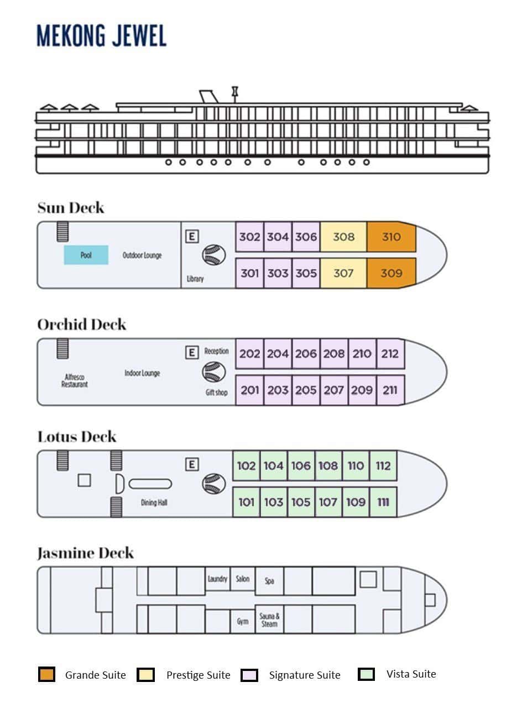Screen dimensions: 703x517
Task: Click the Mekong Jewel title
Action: (x=101, y=36)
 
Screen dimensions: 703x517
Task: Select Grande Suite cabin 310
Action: (x=391, y=237)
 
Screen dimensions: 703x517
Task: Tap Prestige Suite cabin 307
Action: (x=343, y=273)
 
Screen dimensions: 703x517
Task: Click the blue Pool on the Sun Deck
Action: (x=86, y=255)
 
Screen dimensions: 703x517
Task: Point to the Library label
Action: (x=195, y=279)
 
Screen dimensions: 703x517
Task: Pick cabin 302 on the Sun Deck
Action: (x=249, y=237)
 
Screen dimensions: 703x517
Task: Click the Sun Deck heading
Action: (x=71, y=208)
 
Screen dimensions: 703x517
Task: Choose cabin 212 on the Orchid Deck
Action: (x=390, y=354)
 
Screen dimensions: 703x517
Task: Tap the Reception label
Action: (x=216, y=351)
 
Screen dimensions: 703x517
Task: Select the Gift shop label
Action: (x=216, y=392)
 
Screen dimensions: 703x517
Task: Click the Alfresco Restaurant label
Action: (x=75, y=381)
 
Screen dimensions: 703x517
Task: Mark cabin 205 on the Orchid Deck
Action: (x=306, y=390)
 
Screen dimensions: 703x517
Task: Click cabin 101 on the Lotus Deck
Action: (x=246, y=502)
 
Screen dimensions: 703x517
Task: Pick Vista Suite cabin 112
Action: (x=383, y=466)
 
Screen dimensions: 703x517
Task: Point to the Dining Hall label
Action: (x=154, y=503)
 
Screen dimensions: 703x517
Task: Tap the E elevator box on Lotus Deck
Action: (x=192, y=464)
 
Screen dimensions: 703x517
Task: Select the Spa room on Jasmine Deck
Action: (x=269, y=581)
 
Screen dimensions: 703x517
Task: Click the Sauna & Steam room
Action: (x=269, y=620)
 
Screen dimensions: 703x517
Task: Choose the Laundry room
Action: (x=217, y=579)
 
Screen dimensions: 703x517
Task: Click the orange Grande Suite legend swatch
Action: (x=47, y=675)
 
